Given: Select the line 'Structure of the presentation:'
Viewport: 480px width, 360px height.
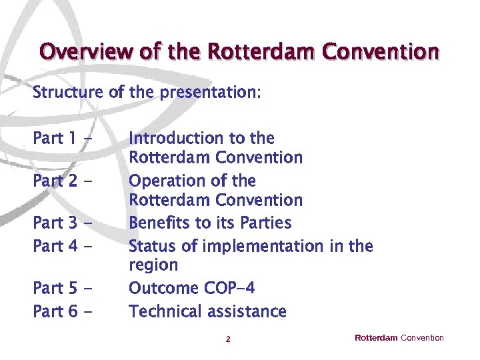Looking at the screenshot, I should pyautogui.click(x=146, y=92).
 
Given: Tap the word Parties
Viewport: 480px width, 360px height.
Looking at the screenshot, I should pyautogui.click(x=267, y=223).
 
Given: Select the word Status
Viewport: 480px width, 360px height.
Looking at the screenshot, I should pyautogui.click(x=153, y=246).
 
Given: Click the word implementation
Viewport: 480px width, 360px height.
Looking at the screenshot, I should pyautogui.click(x=263, y=247).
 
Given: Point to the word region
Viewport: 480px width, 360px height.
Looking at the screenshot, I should pyautogui.click(x=153, y=266).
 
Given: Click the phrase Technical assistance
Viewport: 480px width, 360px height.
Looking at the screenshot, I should pyautogui.click(x=207, y=312).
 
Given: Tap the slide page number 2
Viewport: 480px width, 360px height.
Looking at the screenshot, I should pyautogui.click(x=228, y=339).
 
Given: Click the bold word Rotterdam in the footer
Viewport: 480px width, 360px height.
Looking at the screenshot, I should pyautogui.click(x=376, y=338).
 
